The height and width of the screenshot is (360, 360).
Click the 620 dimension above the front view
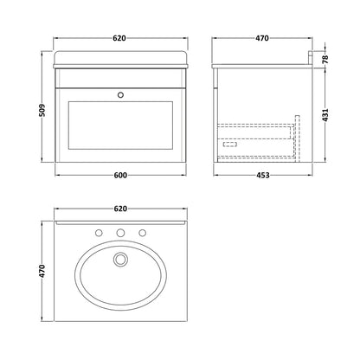click(119, 38)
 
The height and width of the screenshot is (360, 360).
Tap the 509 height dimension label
click(42, 111)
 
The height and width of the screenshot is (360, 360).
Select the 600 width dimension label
click(120, 175)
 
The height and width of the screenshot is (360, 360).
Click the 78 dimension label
click(325, 59)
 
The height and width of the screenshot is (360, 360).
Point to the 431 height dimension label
click(325, 115)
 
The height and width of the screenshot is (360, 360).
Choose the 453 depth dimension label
click(263, 175)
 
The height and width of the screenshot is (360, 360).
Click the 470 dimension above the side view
click(262, 38)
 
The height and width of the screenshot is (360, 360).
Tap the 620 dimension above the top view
click(120, 209)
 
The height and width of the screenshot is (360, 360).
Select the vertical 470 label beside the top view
click(42, 271)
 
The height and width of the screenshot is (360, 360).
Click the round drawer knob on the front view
click(120, 94)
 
